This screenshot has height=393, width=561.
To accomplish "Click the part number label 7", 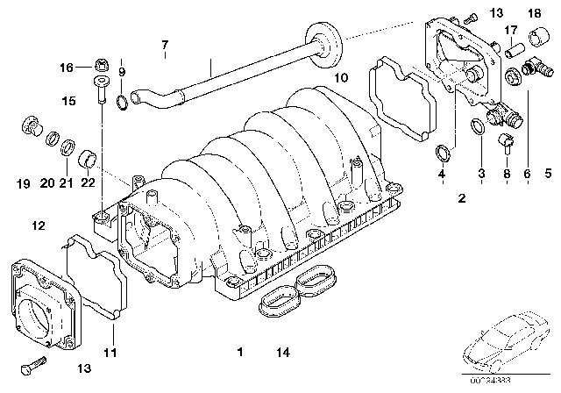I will pyautogui.click(x=163, y=45).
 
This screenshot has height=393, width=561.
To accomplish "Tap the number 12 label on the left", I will pyautogui.click(x=37, y=227).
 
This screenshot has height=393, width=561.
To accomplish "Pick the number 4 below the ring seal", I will pyautogui.click(x=442, y=175).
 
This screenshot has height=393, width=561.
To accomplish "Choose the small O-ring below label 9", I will pyautogui.click(x=124, y=107).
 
